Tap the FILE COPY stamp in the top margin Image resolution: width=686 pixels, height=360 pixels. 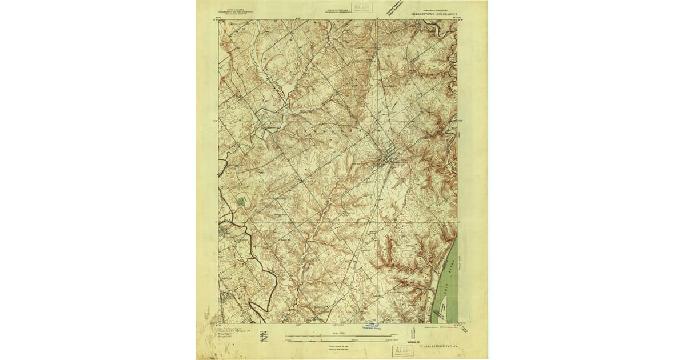pos(361,8)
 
